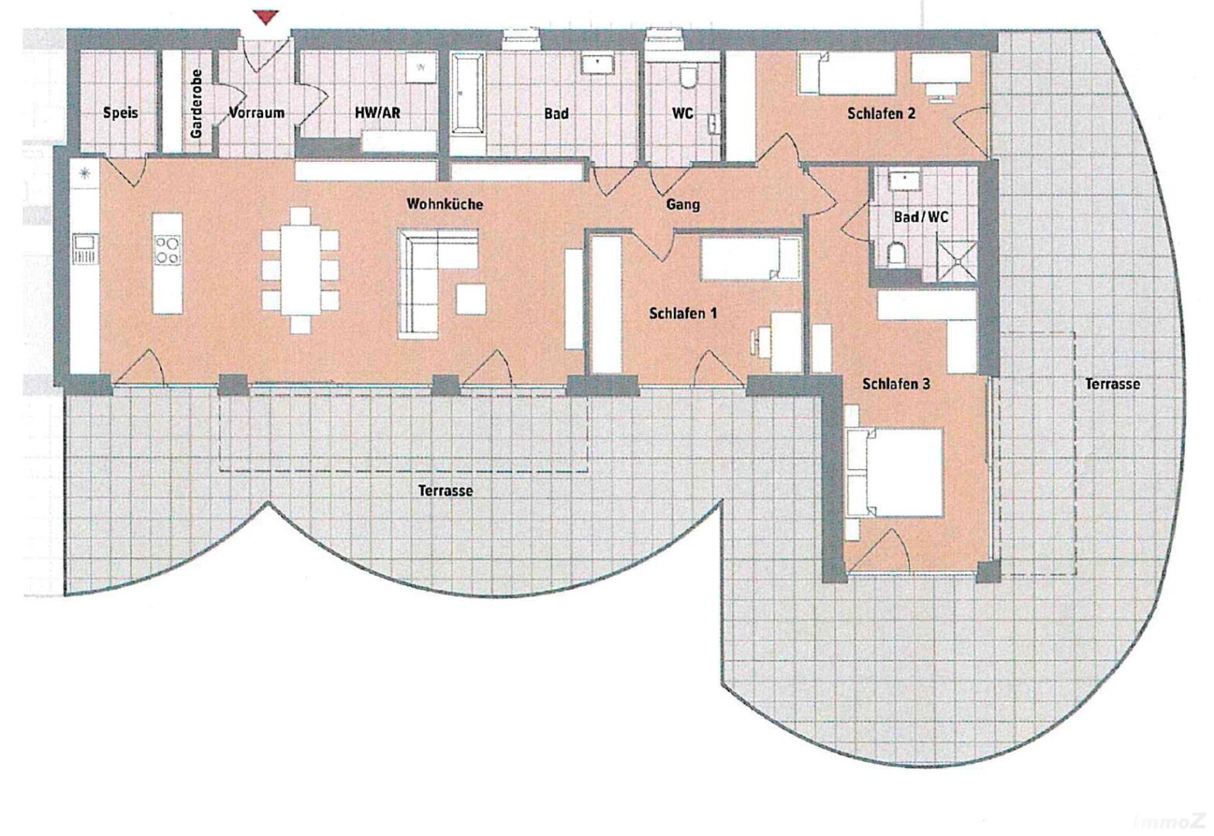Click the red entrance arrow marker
click(265, 17)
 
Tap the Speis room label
click(120, 113)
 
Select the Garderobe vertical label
click(196, 104)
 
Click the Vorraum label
click(256, 113)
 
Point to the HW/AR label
click(378, 113)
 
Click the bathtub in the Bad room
click(467, 93)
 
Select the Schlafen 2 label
click(881, 113)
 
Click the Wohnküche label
click(444, 204)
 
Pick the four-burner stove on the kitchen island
click(167, 250)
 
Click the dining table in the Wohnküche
click(300, 270)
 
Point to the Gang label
click(683, 204)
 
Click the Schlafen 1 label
click(683, 313)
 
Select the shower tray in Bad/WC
click(959, 262)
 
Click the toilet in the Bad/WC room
click(897, 254)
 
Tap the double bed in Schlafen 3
click(894, 471)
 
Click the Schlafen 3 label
click(896, 384)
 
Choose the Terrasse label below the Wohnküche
click(446, 491)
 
